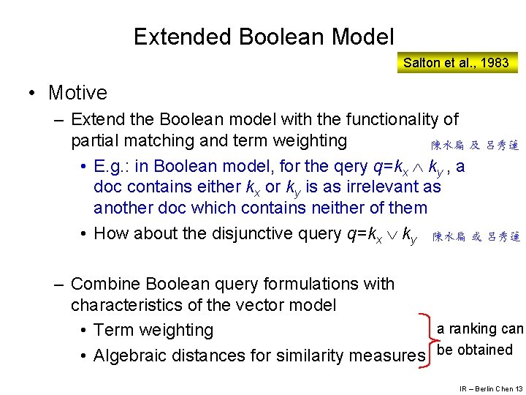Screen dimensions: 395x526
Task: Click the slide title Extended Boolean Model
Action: coord(264,37)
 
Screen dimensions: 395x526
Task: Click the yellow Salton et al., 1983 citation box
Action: coord(456,63)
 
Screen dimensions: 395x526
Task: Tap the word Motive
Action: coord(77,93)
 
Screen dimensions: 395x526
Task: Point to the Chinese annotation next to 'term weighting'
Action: coord(474,146)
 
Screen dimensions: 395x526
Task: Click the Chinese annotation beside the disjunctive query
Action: coord(476,237)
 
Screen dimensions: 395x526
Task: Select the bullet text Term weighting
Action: coord(153,330)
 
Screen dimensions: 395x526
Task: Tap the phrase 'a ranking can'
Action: coord(480,329)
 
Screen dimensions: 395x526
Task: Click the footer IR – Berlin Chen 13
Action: coord(491,388)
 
